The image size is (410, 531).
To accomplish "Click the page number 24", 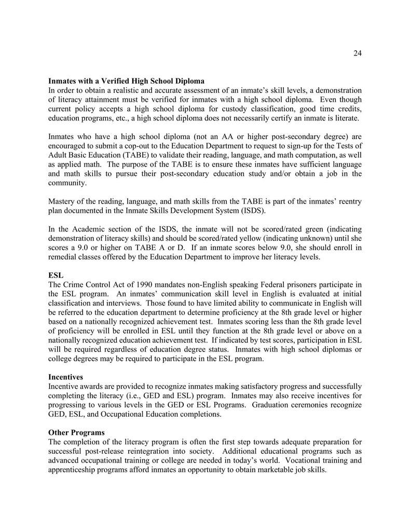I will pos(357,53).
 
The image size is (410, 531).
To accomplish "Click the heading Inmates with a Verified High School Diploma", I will pos(126,81).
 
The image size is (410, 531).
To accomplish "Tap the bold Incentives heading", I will pos(65,377).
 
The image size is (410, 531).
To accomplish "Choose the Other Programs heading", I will pos(76,432).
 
